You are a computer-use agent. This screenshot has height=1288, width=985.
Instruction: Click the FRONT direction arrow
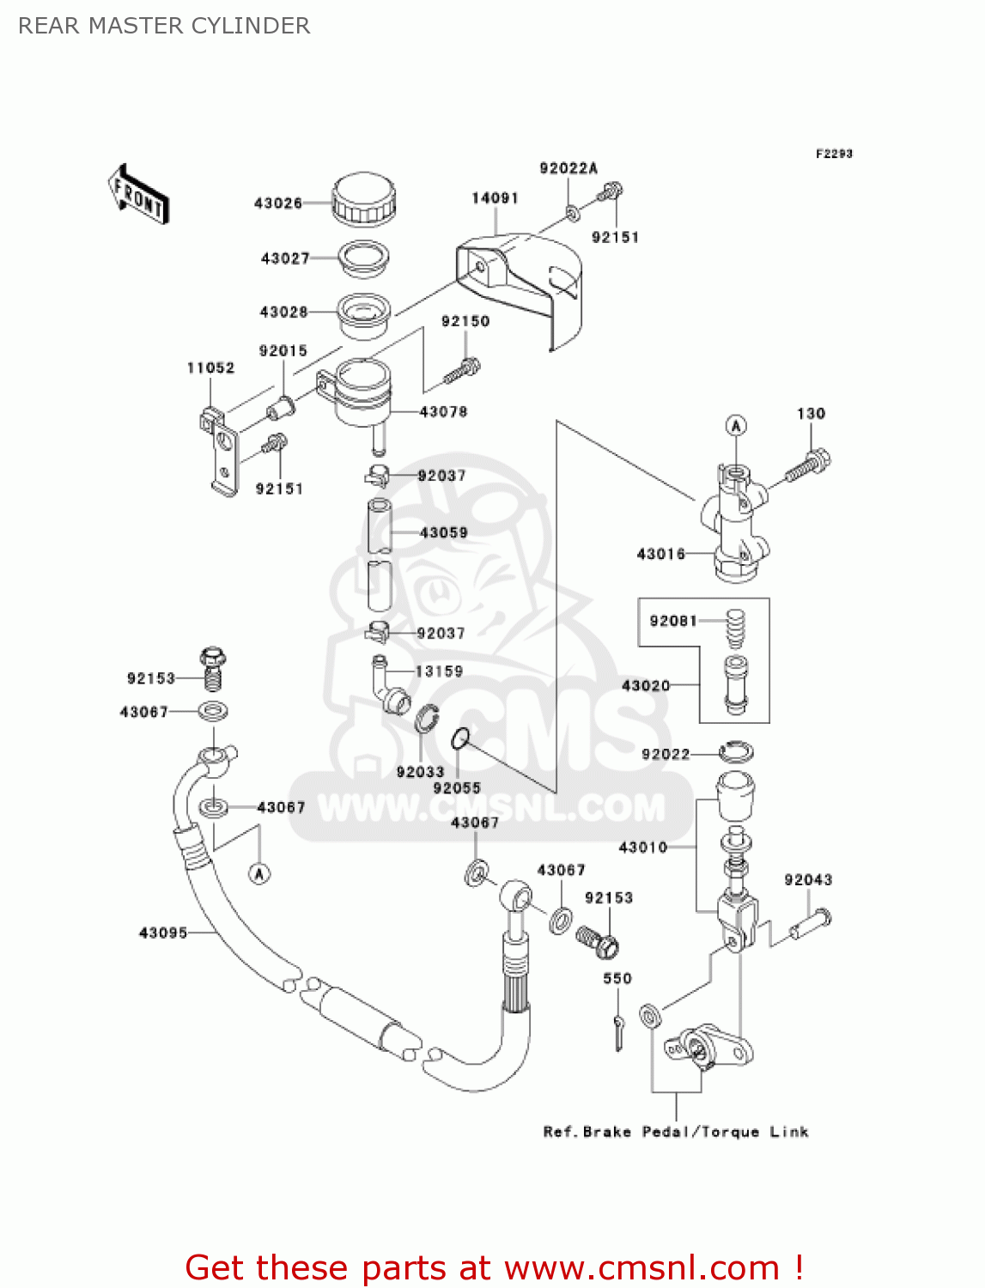tap(138, 195)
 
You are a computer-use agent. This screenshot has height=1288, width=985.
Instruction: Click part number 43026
tap(277, 204)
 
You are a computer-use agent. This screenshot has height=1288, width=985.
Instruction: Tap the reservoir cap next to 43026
tap(364, 199)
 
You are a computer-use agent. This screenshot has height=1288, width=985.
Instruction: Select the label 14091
tap(495, 198)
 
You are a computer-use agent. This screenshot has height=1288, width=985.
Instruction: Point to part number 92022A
tap(568, 168)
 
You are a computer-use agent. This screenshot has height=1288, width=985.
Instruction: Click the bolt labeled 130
tap(807, 465)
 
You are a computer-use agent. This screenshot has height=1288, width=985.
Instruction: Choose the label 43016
tap(660, 554)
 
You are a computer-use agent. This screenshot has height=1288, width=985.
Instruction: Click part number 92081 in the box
tap(673, 621)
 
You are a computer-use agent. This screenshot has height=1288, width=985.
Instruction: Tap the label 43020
tap(645, 685)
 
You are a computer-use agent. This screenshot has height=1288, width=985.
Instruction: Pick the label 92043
tap(807, 879)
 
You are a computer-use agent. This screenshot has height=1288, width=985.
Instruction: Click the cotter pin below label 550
tap(618, 1030)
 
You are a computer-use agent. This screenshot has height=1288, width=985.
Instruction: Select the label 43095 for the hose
tap(162, 933)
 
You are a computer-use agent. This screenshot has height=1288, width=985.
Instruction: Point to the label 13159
tap(439, 671)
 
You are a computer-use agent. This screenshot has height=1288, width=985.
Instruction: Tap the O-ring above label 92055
tap(461, 738)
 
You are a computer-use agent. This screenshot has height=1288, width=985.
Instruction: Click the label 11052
tap(210, 368)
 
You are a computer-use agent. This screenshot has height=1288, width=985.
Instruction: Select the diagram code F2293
tap(833, 154)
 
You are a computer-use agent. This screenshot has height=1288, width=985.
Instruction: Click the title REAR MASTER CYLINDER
tap(164, 26)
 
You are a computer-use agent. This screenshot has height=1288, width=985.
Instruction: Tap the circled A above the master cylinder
tap(736, 425)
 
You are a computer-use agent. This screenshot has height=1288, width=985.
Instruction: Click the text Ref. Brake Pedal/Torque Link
tap(676, 1132)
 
